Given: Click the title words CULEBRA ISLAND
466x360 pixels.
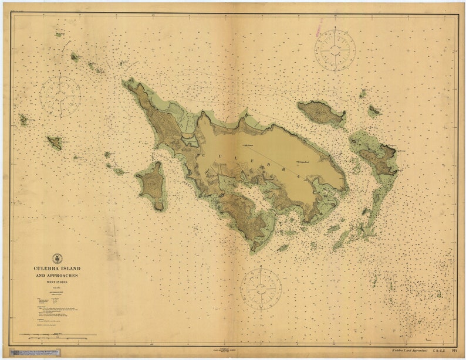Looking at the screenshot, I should click(57, 269).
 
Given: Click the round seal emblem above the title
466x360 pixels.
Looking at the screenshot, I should click(57, 258).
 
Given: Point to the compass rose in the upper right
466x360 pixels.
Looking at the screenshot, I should click(335, 50).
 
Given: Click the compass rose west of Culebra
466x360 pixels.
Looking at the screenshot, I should click(60, 96).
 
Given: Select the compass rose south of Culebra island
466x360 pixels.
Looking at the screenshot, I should click(261, 288).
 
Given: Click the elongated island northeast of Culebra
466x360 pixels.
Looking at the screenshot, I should click(320, 113).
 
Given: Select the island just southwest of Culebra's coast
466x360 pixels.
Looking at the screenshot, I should click(152, 186).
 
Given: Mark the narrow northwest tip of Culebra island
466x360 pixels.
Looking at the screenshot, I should click(127, 83).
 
